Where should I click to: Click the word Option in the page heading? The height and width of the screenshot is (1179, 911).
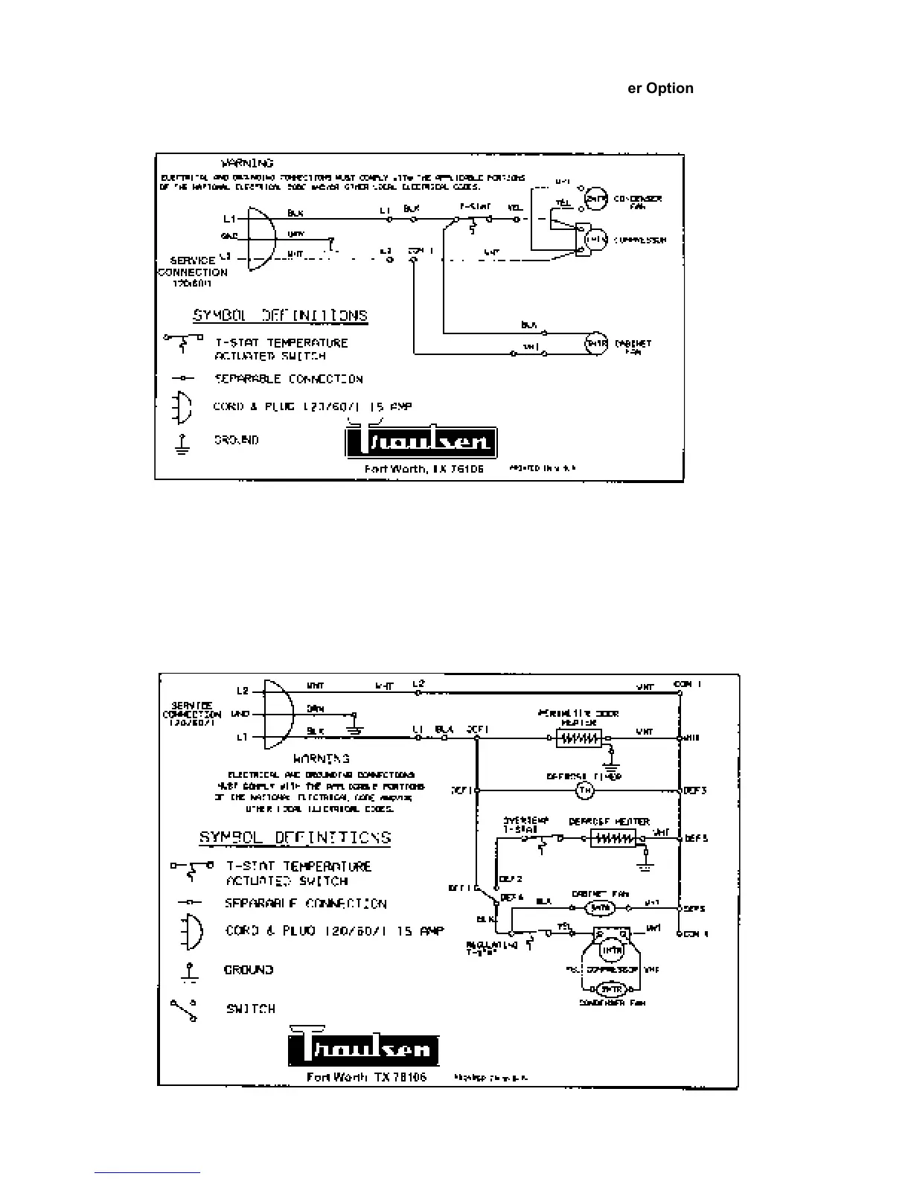click(x=670, y=88)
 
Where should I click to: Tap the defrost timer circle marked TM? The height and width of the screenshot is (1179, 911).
click(x=586, y=790)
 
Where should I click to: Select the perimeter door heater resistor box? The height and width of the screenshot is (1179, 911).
click(x=578, y=738)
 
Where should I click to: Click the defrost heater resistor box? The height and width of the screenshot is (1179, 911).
click(x=613, y=839)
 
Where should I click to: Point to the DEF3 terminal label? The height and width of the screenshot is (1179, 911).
click(x=695, y=790)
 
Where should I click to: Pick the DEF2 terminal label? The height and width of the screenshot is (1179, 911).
click(x=511, y=879)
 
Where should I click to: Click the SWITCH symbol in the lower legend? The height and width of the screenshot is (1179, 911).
click(x=184, y=1010)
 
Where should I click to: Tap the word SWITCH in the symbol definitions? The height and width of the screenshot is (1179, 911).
click(x=251, y=1009)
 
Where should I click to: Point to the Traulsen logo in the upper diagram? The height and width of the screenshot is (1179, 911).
click(x=421, y=443)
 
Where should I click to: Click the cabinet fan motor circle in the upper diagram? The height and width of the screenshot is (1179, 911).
click(x=596, y=343)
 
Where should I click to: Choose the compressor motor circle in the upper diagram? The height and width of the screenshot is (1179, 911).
click(x=595, y=240)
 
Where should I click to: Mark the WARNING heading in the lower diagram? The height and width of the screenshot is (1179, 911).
click(x=322, y=759)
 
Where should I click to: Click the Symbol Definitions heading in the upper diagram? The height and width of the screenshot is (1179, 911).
click(x=281, y=315)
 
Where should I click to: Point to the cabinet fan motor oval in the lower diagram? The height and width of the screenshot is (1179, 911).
click(x=600, y=908)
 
